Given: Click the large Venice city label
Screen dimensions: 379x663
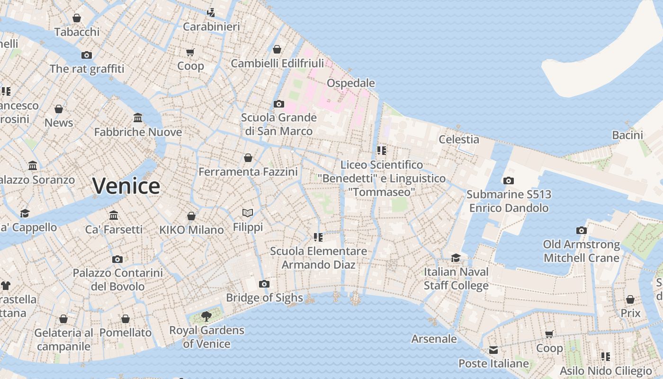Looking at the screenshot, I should point(126,186).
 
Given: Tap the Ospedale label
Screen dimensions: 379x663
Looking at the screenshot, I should point(350,83).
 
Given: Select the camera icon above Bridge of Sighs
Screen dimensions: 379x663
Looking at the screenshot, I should point(264,284).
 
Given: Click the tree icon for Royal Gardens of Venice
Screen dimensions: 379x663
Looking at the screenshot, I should point(206,316).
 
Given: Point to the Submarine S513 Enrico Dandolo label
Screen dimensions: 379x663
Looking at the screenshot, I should point(509,201).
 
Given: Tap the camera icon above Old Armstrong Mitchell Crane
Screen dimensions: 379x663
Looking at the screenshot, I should point(582,230).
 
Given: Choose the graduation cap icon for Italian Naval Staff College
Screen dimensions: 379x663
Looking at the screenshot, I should point(456,258).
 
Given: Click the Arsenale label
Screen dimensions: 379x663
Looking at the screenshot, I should point(434,339).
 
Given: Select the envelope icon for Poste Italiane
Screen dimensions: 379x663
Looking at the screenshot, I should point(493,350).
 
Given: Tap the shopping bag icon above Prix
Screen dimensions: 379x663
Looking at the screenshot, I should point(630,299).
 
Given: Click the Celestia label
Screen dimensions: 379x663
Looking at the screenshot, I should point(459,139).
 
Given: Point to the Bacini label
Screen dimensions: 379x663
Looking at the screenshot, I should point(627,135).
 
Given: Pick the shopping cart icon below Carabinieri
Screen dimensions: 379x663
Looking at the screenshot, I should point(190,52).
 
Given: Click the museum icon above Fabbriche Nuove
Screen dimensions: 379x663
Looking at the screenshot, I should point(138,117).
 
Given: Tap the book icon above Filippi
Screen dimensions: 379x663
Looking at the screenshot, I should point(248,213).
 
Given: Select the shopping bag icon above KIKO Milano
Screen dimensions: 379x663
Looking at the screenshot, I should point(191,216).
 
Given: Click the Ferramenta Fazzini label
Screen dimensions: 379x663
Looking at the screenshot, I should point(248,171).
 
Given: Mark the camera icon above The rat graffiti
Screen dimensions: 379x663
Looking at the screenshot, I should point(86,55).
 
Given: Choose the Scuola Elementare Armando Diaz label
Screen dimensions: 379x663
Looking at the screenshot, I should point(318,258).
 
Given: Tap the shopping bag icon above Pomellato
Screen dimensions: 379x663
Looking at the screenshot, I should point(125,319).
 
